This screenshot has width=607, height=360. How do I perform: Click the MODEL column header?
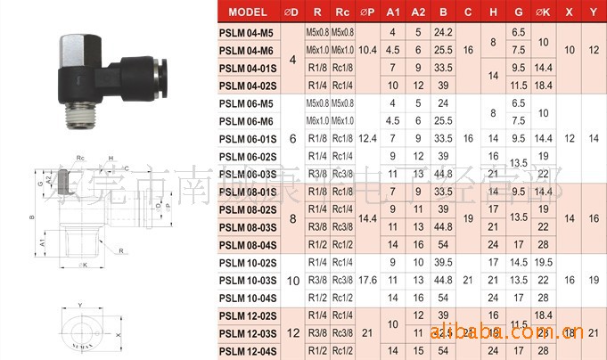pos(253,12)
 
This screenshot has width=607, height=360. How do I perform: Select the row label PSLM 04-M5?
pos(246,31)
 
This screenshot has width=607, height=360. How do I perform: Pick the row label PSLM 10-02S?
pos(249,263)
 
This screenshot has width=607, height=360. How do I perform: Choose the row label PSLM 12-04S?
pos(249,351)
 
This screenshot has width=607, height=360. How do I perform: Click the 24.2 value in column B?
pos(443,31)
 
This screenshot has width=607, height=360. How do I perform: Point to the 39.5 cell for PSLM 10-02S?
pos(443,263)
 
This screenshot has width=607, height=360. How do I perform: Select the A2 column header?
pos(418,12)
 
